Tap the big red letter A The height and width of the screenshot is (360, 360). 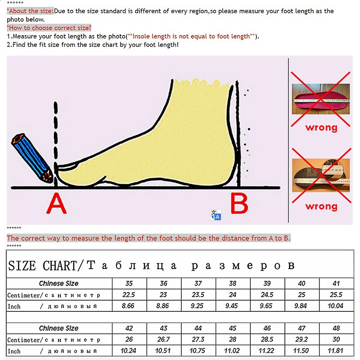57,204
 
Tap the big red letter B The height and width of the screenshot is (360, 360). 239,204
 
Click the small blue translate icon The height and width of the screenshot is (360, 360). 216,215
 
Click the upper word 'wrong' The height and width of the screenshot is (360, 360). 321,127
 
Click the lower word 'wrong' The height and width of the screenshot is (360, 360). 321,206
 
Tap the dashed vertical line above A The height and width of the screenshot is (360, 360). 55,135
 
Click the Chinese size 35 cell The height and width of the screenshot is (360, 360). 129,283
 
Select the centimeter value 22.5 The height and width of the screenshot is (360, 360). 129,295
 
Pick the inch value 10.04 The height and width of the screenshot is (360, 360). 336,306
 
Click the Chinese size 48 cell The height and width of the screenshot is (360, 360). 336,328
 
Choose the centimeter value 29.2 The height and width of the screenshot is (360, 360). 301,340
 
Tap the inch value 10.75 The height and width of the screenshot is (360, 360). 198,351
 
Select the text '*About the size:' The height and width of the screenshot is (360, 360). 30,11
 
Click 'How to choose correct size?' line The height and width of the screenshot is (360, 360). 49,28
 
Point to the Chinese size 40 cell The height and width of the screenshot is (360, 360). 301,283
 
